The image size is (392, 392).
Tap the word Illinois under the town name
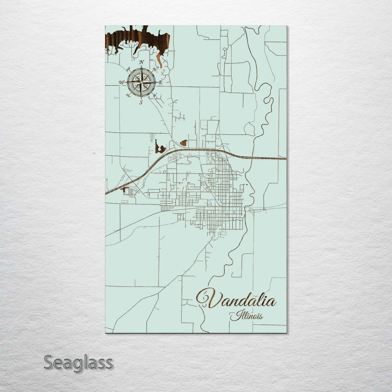point(246,315)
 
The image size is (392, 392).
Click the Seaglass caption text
point(78,363)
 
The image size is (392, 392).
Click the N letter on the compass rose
point(142,62)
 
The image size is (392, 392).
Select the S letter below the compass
point(141,102)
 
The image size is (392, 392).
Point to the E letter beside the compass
point(160,82)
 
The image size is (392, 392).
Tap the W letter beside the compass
point(121,82)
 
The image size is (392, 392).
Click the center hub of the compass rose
point(141,82)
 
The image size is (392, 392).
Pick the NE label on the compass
point(155,69)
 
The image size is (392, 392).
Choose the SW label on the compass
point(128,96)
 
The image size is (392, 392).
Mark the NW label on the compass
point(128,69)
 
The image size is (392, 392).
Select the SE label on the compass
point(155,96)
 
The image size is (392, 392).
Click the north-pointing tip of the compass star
point(142,67)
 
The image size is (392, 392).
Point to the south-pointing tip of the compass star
point(141,98)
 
